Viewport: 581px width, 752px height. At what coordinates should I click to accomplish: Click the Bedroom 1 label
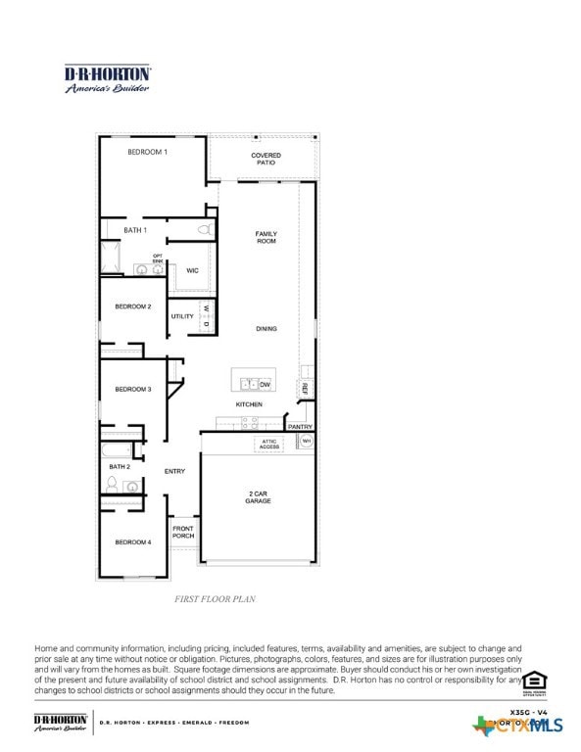click(147, 152)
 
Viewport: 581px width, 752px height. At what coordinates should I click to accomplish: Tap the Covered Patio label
click(266, 159)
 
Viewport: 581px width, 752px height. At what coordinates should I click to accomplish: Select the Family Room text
click(266, 237)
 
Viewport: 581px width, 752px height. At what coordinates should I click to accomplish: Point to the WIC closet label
click(193, 270)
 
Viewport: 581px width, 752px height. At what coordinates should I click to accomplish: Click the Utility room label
click(182, 316)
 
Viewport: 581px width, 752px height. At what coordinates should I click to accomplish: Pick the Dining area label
click(266, 329)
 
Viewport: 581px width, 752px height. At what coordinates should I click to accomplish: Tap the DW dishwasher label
click(265, 385)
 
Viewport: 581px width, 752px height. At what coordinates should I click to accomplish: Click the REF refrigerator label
click(305, 389)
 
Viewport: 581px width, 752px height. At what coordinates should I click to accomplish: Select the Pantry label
click(300, 427)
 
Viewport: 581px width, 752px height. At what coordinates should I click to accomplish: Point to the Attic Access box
click(269, 445)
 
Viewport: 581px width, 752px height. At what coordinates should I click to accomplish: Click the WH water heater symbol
click(306, 442)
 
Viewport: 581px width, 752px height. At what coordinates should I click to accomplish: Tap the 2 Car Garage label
click(258, 496)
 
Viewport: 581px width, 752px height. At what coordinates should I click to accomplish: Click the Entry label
click(174, 472)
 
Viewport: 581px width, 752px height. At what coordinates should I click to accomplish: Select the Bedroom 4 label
click(133, 541)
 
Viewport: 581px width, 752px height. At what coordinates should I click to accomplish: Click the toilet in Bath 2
click(112, 484)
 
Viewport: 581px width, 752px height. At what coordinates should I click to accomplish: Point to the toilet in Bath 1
click(205, 229)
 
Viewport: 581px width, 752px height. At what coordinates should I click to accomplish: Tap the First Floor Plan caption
click(215, 598)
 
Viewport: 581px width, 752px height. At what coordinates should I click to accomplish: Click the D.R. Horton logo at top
click(107, 78)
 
